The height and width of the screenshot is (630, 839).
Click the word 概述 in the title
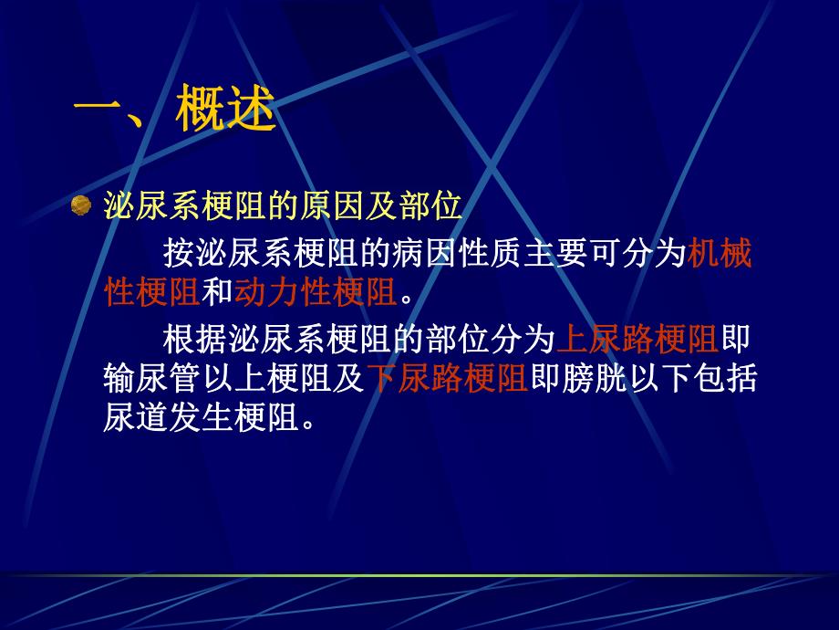click(x=228, y=111)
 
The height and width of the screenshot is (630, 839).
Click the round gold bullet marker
click(x=81, y=205)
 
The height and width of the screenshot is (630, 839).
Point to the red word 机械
click(x=720, y=253)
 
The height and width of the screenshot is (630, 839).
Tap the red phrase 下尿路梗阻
click(x=447, y=379)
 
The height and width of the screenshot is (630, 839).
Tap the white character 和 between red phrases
click(x=217, y=291)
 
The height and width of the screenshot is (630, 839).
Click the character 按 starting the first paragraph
click(x=179, y=253)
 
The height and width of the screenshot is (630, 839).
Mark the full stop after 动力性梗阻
click(x=407, y=294)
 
